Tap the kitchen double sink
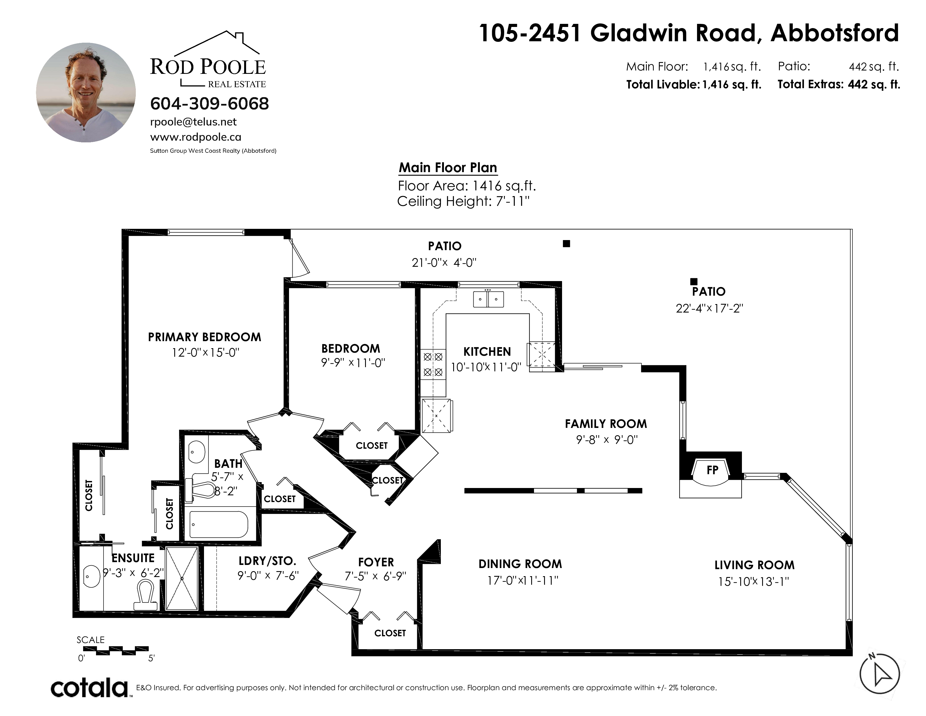(x=489, y=299)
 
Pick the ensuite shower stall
(x=182, y=579)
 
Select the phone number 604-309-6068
(x=209, y=104)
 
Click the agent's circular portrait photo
(x=86, y=92)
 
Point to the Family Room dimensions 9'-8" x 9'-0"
(x=607, y=440)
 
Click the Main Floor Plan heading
(x=448, y=168)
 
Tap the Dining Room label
(x=520, y=564)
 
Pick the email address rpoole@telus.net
(x=193, y=122)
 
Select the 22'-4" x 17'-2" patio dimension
(x=710, y=308)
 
